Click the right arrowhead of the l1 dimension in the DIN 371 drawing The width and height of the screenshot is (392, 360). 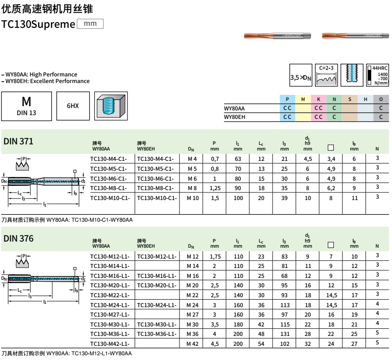[78, 204]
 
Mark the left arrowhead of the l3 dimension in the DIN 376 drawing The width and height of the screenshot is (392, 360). [9, 296]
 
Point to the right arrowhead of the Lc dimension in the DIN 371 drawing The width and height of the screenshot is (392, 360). [29, 193]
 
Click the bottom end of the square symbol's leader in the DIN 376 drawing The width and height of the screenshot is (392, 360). [75, 277]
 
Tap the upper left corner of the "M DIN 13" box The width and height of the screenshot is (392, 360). [1, 92]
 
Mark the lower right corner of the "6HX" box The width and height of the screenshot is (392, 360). [89, 120]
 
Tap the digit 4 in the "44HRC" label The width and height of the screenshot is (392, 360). [374, 68]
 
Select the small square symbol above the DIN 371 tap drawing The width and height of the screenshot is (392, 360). [75, 171]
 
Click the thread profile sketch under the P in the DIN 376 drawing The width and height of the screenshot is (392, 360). [22, 263]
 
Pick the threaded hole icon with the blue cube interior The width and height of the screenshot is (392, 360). [111, 106]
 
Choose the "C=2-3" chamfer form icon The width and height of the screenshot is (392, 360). [326, 75]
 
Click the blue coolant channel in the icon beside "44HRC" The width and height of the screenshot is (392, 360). [352, 73]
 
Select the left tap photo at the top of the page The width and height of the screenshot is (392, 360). [278, 36]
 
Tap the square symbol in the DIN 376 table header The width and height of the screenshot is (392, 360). [331, 245]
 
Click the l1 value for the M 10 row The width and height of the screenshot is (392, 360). [238, 198]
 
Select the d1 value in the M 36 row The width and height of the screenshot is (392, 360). [308, 334]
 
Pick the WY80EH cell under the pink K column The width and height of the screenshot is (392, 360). [318, 117]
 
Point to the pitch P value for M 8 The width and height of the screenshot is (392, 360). [215, 188]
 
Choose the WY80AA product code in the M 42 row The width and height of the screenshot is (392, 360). [110, 344]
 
